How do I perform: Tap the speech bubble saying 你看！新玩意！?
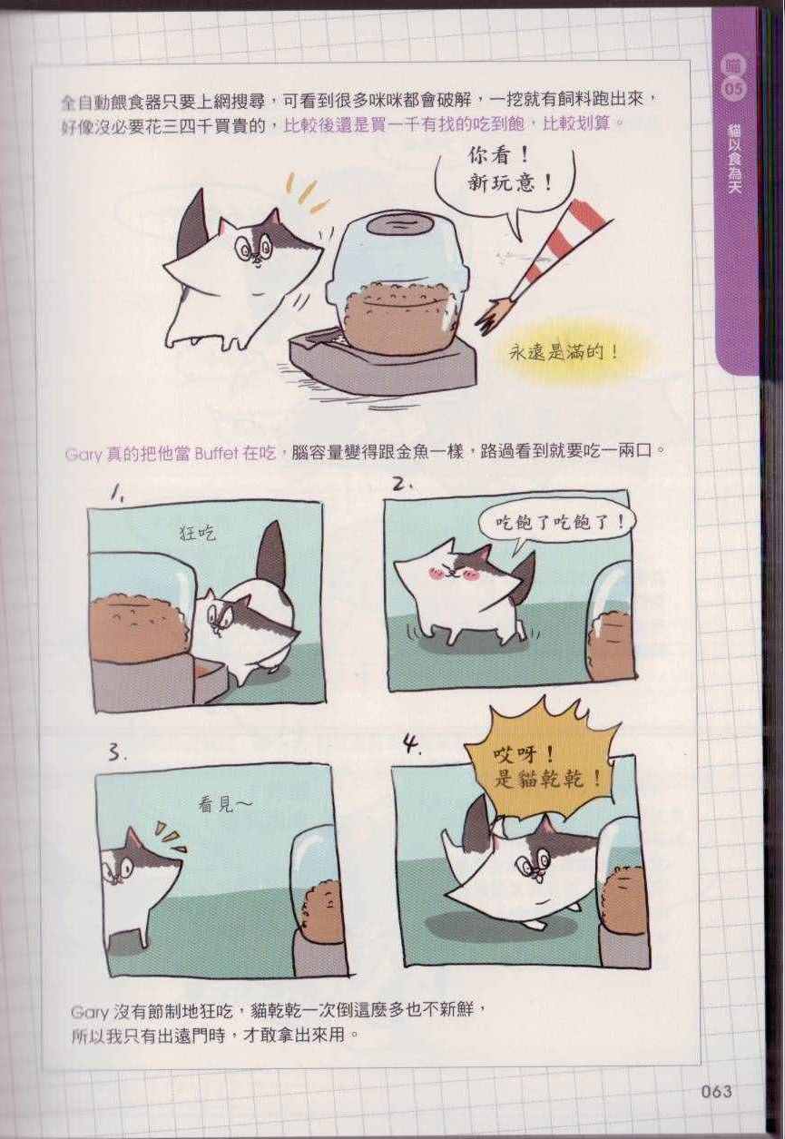pyautogui.click(x=508, y=183)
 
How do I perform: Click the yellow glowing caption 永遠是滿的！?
pyautogui.click(x=564, y=352)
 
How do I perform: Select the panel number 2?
pyautogui.click(x=404, y=486)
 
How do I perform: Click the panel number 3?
pyautogui.click(x=115, y=752)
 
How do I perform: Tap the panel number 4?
pyautogui.click(x=412, y=746)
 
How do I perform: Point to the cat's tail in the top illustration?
pyautogui.click(x=196, y=224)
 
